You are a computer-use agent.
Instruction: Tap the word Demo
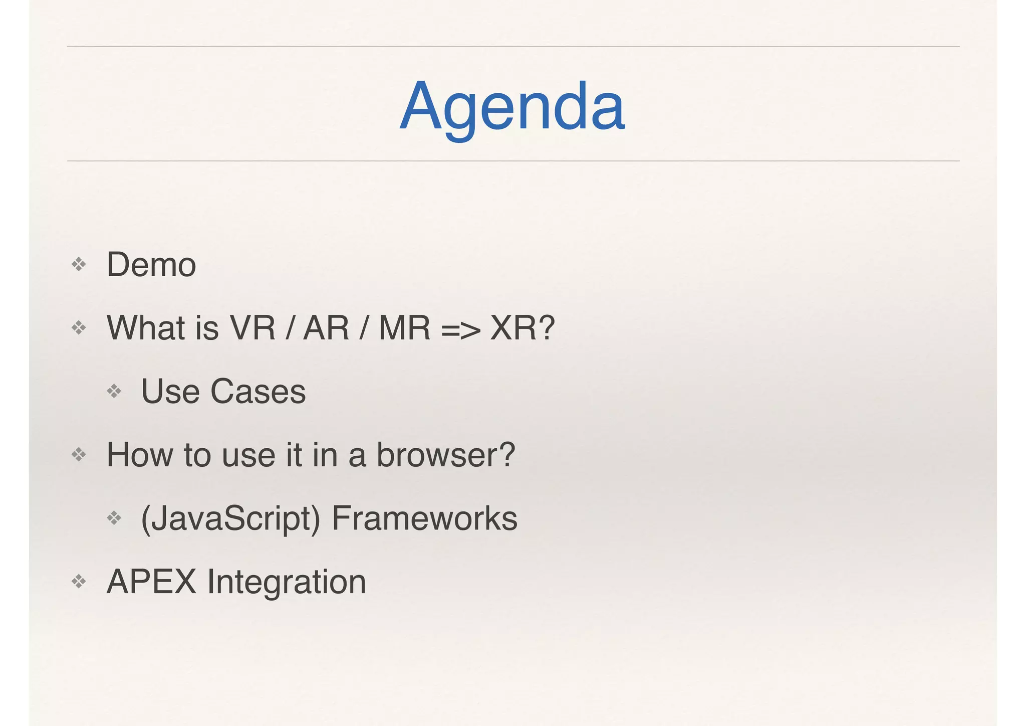pos(151,264)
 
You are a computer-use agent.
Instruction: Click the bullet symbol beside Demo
pos(79,264)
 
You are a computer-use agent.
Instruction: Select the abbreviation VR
pos(252,328)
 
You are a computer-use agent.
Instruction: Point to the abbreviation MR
pos(404,328)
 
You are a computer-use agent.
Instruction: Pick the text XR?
pos(523,328)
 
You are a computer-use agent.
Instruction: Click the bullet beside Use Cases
pos(114,391)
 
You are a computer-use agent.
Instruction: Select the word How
pos(139,455)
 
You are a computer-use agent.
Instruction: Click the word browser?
pos(445,455)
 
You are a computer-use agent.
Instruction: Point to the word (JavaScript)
pos(230,519)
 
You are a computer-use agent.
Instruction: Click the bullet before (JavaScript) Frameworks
pos(114,518)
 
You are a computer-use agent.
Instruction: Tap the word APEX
pos(151,582)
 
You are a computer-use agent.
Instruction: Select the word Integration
pos(287,583)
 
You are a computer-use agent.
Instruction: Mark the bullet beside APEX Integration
pos(79,582)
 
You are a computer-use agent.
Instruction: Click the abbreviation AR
pos(326,328)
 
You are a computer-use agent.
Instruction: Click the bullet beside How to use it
pos(79,455)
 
